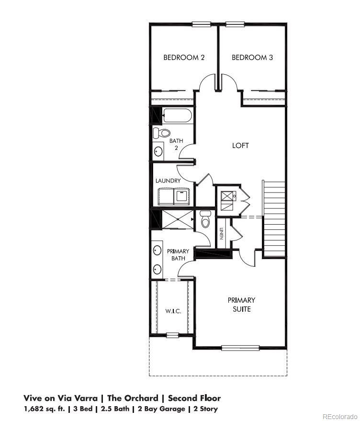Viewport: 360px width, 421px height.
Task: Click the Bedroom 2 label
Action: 184,57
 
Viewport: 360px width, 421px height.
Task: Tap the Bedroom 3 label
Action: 252,57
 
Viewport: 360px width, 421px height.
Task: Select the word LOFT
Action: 240,146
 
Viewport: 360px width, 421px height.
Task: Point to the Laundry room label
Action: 168,181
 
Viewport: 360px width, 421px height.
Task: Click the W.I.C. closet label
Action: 172,311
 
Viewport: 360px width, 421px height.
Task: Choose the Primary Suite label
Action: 241,305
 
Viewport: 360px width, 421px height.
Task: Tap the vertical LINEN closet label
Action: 222,233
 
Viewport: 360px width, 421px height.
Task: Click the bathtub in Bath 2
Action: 178,115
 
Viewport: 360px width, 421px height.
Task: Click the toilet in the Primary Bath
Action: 206,220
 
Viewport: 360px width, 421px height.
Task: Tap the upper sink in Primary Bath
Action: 157,250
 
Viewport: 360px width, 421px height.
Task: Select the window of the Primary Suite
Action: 240,348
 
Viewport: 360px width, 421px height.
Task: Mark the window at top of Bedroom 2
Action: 201,24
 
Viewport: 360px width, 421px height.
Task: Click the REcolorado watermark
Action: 339,416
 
